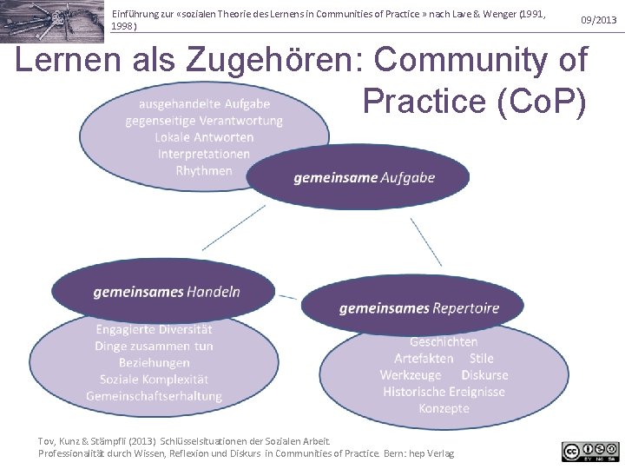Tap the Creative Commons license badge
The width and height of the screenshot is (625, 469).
pyautogui.click(x=590, y=451)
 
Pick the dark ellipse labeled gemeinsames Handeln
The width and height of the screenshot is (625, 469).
pyautogui.click(x=167, y=292)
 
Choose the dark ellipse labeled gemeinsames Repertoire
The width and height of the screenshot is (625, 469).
pyautogui.click(x=418, y=307)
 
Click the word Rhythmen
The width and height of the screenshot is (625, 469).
pyautogui.click(x=204, y=170)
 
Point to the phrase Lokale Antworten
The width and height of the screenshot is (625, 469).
pyautogui.click(x=204, y=137)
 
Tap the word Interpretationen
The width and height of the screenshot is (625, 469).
pyautogui.click(x=204, y=154)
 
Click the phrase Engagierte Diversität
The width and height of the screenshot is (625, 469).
pyautogui.click(x=154, y=329)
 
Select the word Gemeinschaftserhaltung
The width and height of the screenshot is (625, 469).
pyautogui.click(x=154, y=396)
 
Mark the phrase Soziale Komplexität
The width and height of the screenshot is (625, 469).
pyautogui.click(x=154, y=379)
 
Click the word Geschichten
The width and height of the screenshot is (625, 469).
pyautogui.click(x=444, y=341)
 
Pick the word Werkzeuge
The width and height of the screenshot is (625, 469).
pyautogui.click(x=411, y=374)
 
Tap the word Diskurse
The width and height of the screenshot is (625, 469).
pyautogui.click(x=484, y=374)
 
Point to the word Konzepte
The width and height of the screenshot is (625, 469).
pyautogui.click(x=444, y=407)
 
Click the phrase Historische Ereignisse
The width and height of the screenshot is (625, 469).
pyautogui.click(x=444, y=391)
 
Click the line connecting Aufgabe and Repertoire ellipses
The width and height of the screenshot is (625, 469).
pyautogui.click(x=426, y=241)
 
